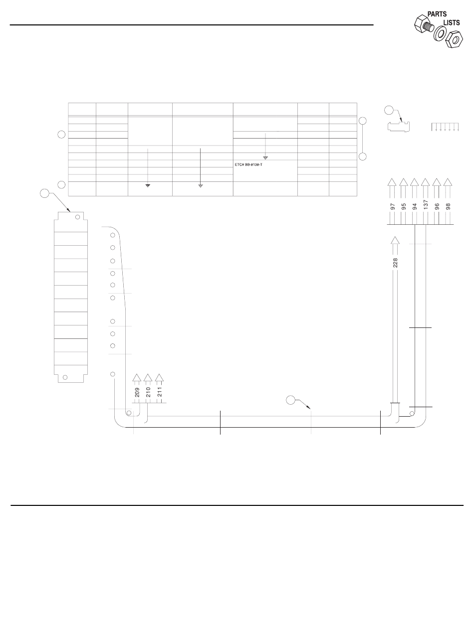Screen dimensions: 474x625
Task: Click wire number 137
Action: click(x=426, y=205)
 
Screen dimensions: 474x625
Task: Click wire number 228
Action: click(x=395, y=262)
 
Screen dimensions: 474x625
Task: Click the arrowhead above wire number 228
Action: click(x=395, y=241)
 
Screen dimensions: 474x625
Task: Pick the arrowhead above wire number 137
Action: click(x=426, y=182)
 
